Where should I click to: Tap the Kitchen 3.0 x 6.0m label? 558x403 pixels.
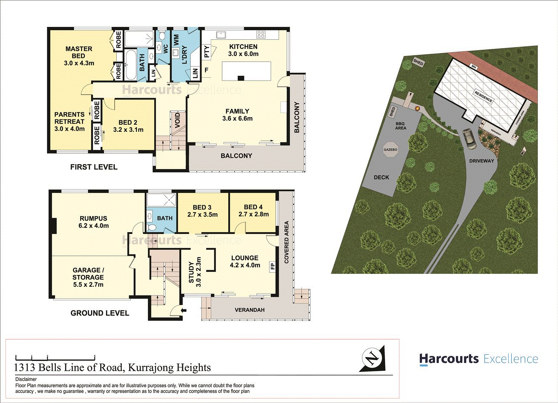point(243,50)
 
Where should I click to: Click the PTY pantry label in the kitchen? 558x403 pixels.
point(207,51)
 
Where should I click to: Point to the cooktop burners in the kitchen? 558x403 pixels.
point(261,35)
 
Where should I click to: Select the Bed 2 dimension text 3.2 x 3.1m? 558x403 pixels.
point(128,130)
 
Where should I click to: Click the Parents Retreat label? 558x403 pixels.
point(70,122)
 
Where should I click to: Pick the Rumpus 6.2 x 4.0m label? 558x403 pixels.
point(93,222)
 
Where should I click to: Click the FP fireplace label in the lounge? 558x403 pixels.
point(273,266)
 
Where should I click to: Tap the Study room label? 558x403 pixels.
point(194,272)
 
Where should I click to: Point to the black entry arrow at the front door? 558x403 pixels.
point(183,310)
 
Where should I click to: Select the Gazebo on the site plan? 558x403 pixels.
point(390,150)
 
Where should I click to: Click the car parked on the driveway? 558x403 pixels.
point(469,138)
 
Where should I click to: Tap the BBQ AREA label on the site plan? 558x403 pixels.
point(400,126)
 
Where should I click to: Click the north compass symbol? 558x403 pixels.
point(372,359)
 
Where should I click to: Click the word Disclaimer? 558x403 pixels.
point(26,379)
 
